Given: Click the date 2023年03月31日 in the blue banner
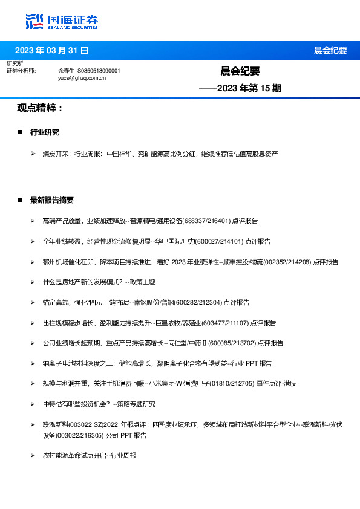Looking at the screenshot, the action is point(51,50).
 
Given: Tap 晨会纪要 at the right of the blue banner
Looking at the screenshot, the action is point(330,50).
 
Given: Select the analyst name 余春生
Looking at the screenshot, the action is point(66,71).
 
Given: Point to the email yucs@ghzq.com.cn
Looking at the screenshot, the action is point(82,78).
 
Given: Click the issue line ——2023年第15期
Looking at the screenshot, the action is point(240,88).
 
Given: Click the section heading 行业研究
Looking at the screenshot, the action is point(45,132).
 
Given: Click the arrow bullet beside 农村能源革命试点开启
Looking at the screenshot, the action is point(33,455).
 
